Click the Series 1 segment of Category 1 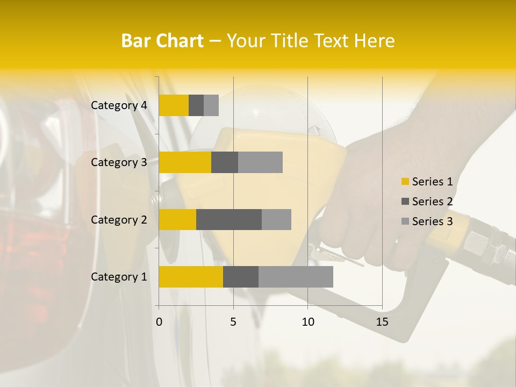[191, 276]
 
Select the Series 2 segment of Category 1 [241, 276]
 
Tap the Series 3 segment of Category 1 [296, 276]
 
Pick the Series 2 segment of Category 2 [229, 219]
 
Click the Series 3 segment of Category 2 [276, 219]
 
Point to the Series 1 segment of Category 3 [185, 162]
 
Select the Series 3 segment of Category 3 [260, 162]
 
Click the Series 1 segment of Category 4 [174, 105]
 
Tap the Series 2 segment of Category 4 [196, 105]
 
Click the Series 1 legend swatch [405, 182]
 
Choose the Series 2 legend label [432, 202]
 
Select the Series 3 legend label [432, 221]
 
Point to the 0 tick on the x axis [159, 322]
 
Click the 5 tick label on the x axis [233, 322]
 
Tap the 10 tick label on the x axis [307, 322]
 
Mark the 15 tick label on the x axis [382, 322]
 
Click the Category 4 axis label [119, 105]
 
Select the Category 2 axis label [119, 219]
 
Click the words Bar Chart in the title [162, 41]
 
